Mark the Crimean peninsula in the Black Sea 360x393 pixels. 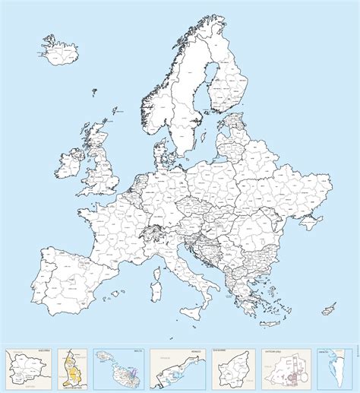pos(309,223)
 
